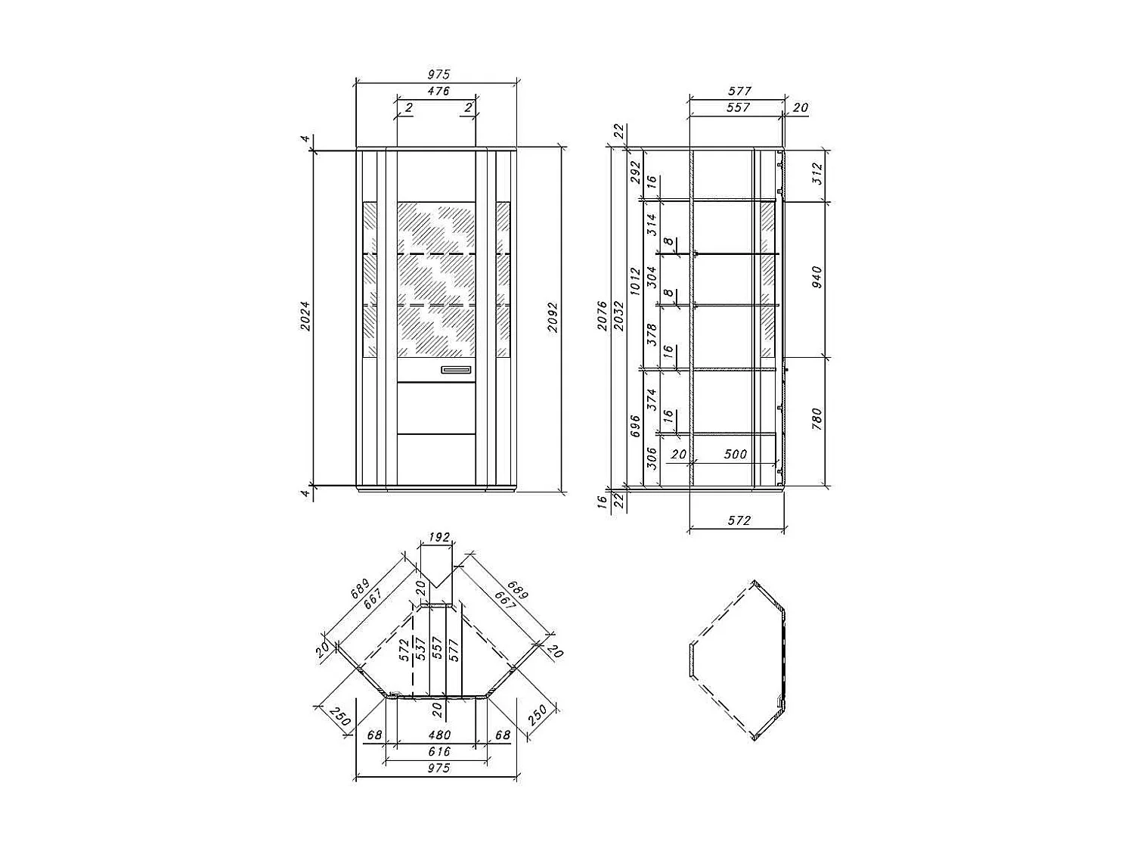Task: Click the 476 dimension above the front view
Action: pos(438,92)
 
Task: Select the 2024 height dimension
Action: pos(305,317)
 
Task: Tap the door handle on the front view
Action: pos(457,370)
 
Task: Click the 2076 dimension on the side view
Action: pos(602,317)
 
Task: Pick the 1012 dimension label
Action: pos(635,281)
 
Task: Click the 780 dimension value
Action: pos(816,418)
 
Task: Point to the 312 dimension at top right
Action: pos(816,175)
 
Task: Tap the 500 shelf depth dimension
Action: pos(735,455)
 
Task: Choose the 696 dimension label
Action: pos(635,426)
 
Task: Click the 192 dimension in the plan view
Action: pos(438,538)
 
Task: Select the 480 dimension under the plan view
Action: pos(438,735)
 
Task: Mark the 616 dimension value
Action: pos(438,751)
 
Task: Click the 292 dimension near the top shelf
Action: pos(635,172)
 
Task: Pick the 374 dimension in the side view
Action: pos(652,399)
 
